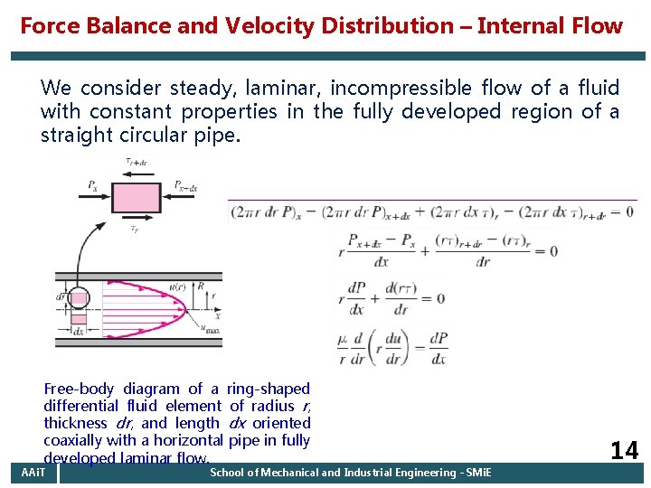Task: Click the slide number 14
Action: (x=623, y=450)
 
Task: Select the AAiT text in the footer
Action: (x=33, y=473)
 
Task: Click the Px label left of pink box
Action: (x=93, y=186)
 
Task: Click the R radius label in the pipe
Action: (x=201, y=288)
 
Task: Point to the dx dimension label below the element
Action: (x=79, y=332)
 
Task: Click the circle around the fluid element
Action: (x=80, y=298)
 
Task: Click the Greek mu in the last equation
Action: (x=342, y=341)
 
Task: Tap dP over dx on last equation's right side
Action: (x=438, y=348)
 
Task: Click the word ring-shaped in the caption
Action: (x=269, y=389)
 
